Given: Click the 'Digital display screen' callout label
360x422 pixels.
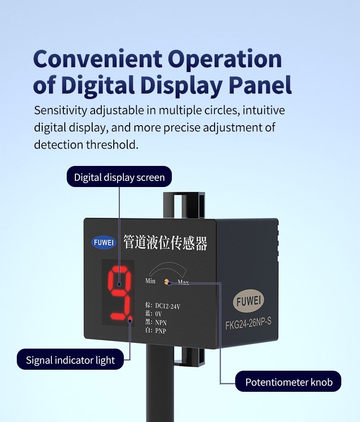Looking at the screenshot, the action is (x=119, y=176).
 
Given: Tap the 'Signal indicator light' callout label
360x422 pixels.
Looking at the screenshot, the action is (x=71, y=360).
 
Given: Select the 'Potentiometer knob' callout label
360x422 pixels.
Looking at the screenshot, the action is (x=288, y=382).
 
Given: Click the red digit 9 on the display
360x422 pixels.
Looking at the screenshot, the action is (x=120, y=293).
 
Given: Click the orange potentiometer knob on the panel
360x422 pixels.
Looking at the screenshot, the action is (x=167, y=282).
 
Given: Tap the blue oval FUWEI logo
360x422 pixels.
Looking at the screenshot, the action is (x=104, y=242).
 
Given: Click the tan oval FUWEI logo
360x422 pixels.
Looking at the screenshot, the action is (x=249, y=301).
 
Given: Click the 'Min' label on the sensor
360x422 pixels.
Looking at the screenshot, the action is (x=150, y=281).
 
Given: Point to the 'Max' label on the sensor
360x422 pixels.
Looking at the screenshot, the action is (x=183, y=282).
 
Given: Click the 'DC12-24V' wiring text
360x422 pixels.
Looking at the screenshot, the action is (x=168, y=306).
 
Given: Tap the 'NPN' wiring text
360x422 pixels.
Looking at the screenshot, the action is (x=161, y=322).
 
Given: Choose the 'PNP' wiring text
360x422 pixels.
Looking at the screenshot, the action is (x=161, y=331).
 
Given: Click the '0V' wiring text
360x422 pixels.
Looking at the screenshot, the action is (x=158, y=314).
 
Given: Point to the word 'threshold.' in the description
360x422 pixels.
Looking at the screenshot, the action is (x=112, y=144).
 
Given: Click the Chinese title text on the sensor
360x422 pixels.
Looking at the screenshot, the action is (x=166, y=243).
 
